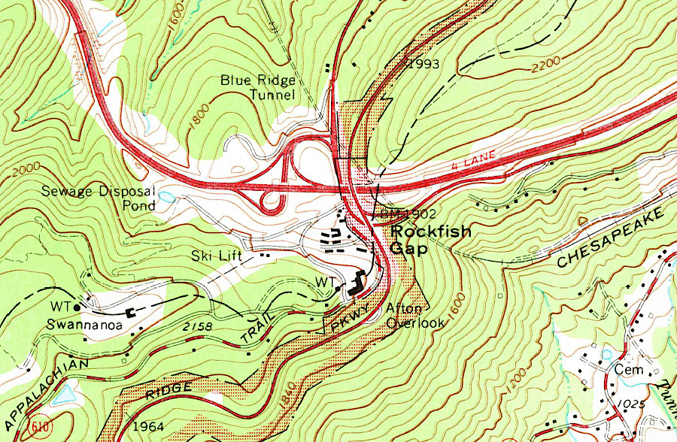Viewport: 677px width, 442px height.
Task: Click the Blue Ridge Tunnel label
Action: pos(258,87)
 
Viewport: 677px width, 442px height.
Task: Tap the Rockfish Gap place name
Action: pos(430,240)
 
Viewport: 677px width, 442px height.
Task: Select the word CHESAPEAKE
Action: pos(612,239)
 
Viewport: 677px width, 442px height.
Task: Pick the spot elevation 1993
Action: pos(422,64)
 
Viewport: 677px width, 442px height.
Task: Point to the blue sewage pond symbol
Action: pos(166,197)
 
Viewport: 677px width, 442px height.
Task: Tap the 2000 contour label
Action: pos(23,172)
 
